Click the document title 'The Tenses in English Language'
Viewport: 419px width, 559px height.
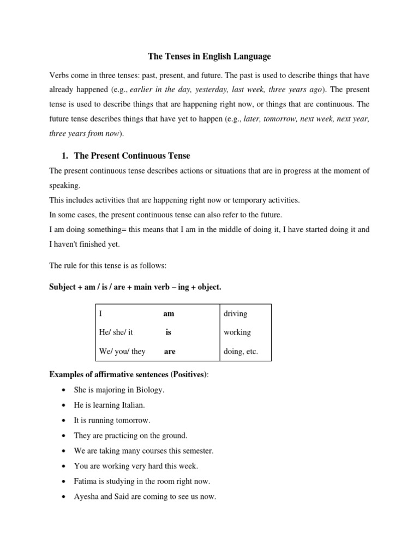click(209, 56)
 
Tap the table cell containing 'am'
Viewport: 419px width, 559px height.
click(169, 314)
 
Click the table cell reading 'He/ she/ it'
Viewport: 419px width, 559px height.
click(116, 332)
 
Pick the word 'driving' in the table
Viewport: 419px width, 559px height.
click(235, 314)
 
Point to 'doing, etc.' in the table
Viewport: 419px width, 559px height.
click(241, 352)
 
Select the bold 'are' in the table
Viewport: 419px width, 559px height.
click(170, 352)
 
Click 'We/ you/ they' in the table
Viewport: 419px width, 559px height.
click(122, 352)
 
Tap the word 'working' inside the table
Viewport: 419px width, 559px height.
click(237, 332)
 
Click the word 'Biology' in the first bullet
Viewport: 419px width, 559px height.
click(151, 390)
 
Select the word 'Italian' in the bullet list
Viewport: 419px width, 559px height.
click(132, 405)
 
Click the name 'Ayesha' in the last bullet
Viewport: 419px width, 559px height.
click(87, 497)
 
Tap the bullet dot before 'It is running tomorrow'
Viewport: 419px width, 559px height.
click(64, 421)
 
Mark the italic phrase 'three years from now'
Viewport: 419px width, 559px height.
click(83, 134)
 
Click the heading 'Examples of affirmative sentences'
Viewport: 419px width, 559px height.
click(123, 374)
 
